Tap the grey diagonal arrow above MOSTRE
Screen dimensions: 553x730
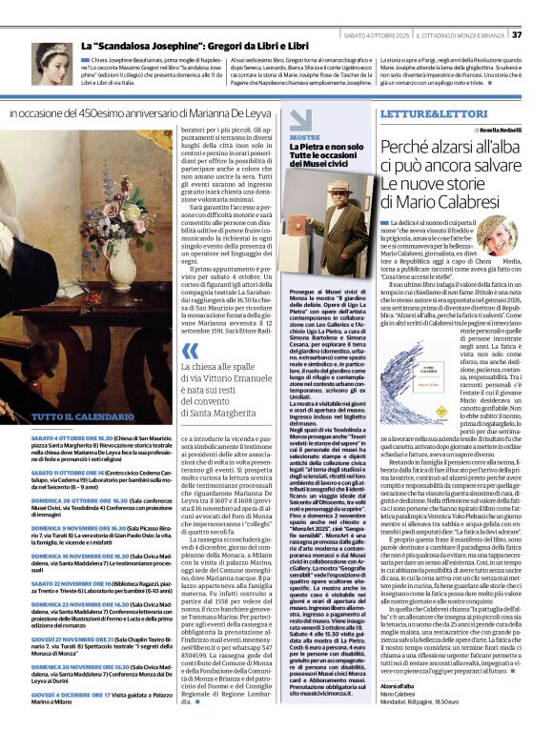(300, 119)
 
